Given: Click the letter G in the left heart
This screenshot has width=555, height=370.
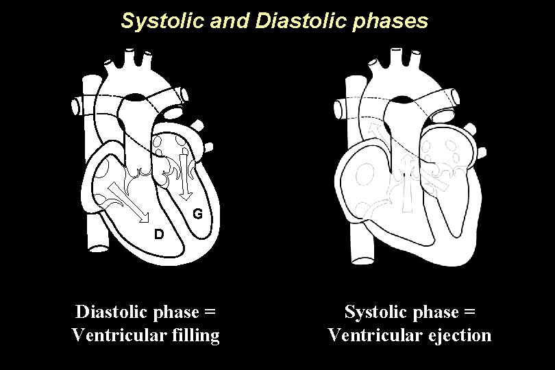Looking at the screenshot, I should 197,214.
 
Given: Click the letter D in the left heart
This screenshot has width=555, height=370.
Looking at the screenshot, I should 158,234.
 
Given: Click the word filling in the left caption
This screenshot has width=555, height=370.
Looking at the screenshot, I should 195,336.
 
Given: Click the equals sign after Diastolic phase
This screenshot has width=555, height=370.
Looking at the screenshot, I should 210,312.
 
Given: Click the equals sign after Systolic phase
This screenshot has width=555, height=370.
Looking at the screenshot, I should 469,312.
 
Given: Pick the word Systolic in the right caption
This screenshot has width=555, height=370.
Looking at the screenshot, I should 374,312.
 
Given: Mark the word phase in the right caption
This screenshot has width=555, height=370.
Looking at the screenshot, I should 434,312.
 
